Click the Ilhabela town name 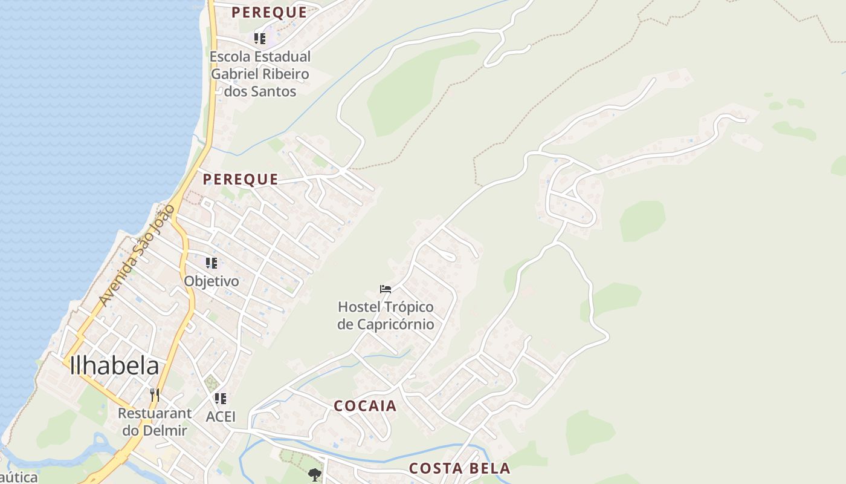[x=115, y=366]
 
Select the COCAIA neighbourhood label [x=366, y=406]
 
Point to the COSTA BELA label [x=459, y=468]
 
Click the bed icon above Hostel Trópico [x=386, y=289]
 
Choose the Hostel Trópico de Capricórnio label [x=386, y=316]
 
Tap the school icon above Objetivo [x=211, y=263]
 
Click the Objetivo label [x=211, y=281]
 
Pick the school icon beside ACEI [x=221, y=399]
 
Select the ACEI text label [x=221, y=417]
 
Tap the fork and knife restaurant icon [x=155, y=395]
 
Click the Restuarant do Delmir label [x=155, y=422]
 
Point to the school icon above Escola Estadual [x=260, y=39]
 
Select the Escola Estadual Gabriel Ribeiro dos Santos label [x=260, y=74]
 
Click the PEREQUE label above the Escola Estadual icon [x=269, y=12]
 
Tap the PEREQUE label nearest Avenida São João [x=241, y=179]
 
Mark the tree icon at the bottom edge [x=314, y=475]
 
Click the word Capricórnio [x=386, y=324]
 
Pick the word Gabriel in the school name [x=239, y=74]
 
